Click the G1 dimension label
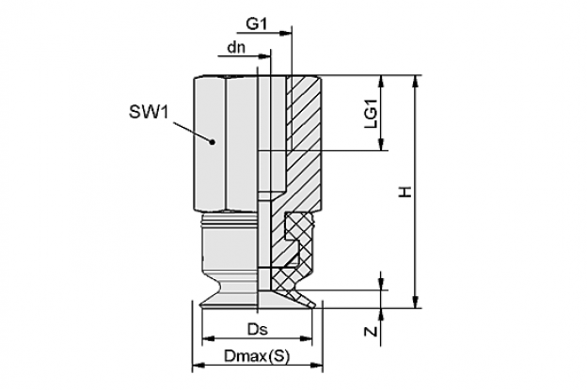(x=257, y=24)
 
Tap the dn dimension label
(x=236, y=48)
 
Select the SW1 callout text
(x=149, y=112)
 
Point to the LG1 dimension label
(x=372, y=115)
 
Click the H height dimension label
(x=405, y=193)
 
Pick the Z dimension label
(x=371, y=332)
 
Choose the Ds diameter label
(x=258, y=330)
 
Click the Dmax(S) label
(x=257, y=355)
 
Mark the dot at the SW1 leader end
(x=213, y=142)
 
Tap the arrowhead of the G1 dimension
(x=286, y=33)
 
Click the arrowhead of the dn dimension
(x=264, y=56)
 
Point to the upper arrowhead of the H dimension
(x=415, y=82)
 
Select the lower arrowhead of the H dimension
(x=415, y=302)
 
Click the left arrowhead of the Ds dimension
(x=208, y=338)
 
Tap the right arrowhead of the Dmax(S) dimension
(x=316, y=365)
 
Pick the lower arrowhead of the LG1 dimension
(x=381, y=145)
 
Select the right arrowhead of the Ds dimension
(x=306, y=338)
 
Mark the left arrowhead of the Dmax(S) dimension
(x=198, y=365)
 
